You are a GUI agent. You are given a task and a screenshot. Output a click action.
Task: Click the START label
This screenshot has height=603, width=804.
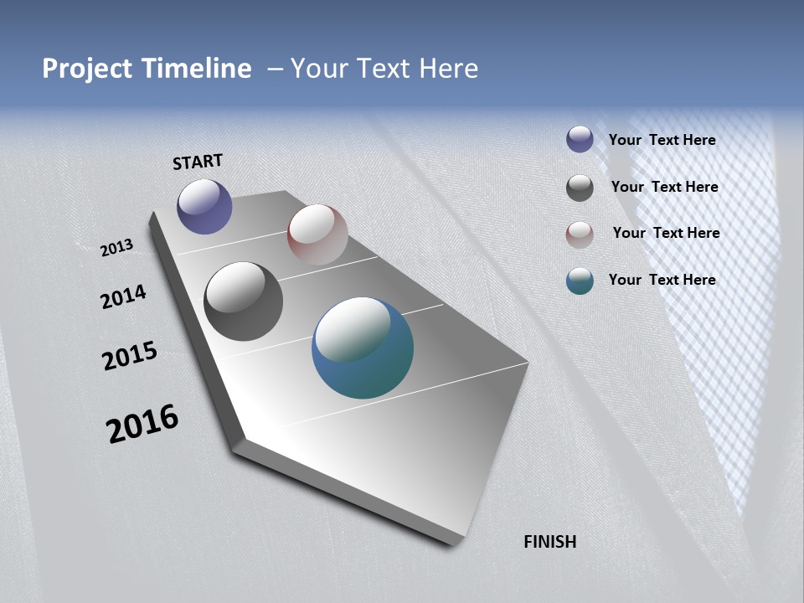pyautogui.click(x=198, y=162)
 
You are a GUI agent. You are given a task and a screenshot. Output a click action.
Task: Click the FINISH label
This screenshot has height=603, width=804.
pyautogui.click(x=550, y=542)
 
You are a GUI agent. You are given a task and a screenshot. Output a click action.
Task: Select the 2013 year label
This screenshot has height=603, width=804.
pyautogui.click(x=116, y=248)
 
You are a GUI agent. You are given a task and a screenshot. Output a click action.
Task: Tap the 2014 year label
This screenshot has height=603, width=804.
pyautogui.click(x=123, y=296)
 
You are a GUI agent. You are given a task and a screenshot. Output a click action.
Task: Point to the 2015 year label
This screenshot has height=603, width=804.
pyautogui.click(x=130, y=356)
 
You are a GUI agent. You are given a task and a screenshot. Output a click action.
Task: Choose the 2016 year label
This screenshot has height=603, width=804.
pyautogui.click(x=142, y=424)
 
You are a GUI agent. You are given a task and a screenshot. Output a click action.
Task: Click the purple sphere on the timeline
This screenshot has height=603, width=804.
pyautogui.click(x=204, y=206)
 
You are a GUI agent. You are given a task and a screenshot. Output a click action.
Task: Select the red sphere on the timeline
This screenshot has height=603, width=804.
pyautogui.click(x=317, y=234)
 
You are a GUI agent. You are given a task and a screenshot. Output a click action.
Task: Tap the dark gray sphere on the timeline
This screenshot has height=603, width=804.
pyautogui.click(x=243, y=301)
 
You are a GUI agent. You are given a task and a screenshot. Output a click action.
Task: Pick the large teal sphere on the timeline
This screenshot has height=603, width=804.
pyautogui.click(x=363, y=348)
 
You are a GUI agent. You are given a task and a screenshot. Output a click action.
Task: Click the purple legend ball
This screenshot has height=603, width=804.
pyautogui.click(x=580, y=139)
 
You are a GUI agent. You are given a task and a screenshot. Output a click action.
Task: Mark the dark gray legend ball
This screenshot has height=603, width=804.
pyautogui.click(x=580, y=188)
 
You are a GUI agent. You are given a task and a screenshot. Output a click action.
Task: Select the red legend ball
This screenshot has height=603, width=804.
pyautogui.click(x=580, y=234)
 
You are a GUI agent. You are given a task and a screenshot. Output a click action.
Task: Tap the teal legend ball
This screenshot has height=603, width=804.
pyautogui.click(x=580, y=281)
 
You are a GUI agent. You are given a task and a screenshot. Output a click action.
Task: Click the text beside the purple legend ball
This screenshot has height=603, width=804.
pyautogui.click(x=662, y=140)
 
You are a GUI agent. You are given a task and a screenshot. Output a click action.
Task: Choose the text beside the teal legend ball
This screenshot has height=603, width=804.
pyautogui.click(x=662, y=280)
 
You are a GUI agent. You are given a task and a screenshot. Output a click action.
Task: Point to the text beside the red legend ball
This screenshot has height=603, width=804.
pyautogui.click(x=666, y=233)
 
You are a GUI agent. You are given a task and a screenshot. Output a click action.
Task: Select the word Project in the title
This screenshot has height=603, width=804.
pyautogui.click(x=86, y=69)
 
